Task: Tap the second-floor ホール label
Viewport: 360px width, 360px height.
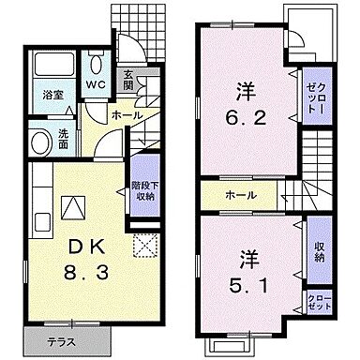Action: [x=242, y=197]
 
